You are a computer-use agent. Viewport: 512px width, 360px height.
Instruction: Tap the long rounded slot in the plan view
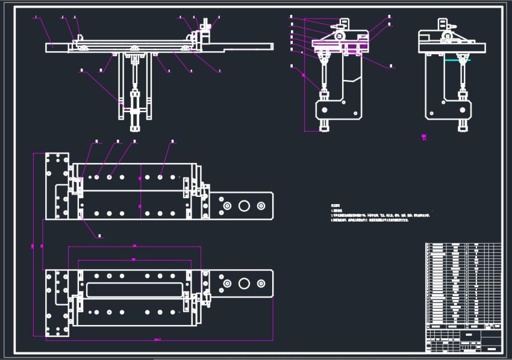click(x=134, y=290)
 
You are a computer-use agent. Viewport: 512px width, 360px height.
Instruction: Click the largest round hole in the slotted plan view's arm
click(x=244, y=284)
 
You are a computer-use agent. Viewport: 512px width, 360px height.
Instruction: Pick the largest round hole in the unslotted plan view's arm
click(x=244, y=206)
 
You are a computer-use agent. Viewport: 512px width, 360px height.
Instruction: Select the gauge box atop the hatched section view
click(x=345, y=24)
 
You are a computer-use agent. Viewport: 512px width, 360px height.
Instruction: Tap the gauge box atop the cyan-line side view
click(x=443, y=25)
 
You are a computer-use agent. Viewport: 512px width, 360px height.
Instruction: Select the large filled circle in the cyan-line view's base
click(x=431, y=110)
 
